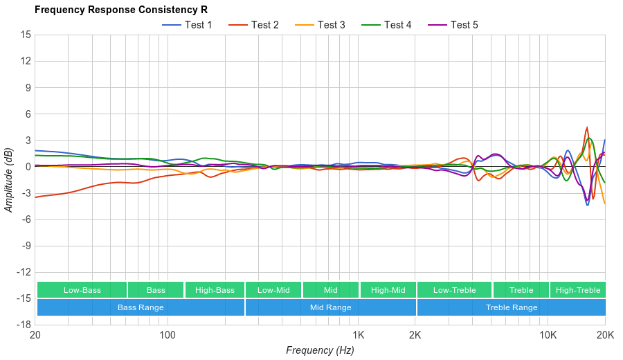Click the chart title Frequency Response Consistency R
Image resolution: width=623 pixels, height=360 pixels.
coord(120,10)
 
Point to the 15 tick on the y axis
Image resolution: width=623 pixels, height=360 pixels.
coord(26,35)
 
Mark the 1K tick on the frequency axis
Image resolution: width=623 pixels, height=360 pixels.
coord(358,336)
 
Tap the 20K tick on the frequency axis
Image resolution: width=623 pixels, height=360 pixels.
coord(605,336)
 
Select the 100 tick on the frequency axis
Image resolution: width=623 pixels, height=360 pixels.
coord(168,336)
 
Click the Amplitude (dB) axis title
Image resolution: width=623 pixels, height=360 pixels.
coord(9,179)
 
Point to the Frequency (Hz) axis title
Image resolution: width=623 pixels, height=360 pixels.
coord(320,350)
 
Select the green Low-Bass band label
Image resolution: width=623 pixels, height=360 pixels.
coord(82,290)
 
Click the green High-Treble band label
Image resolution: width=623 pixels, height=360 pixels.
coord(578,290)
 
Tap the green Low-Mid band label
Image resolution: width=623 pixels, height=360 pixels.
coord(273,290)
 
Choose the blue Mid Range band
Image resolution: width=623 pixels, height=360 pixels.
coord(330,307)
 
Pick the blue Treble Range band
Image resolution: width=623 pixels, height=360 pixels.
coord(512,307)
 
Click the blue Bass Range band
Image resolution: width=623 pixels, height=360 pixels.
coord(141,307)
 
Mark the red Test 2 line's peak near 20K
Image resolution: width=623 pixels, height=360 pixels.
coord(587,127)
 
